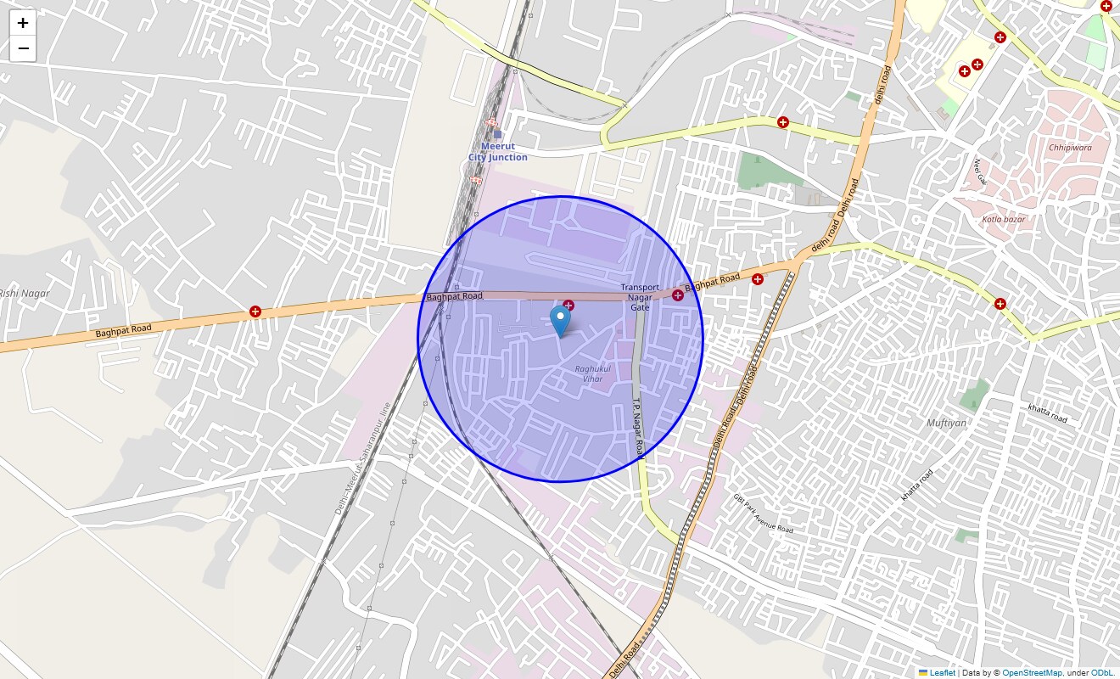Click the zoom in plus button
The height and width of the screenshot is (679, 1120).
pos(23,23)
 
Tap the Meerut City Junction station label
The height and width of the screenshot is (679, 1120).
pos(498,152)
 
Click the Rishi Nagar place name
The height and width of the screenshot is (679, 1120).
pos(25,293)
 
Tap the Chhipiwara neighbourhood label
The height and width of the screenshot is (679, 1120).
pos(1070,147)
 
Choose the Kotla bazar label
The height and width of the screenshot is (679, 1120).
pos(1004,219)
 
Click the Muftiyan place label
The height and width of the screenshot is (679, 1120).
pos(946,423)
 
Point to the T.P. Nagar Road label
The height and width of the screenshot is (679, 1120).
pos(638,430)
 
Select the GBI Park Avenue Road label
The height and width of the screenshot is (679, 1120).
pos(763,513)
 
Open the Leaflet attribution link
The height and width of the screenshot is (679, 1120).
pos(942,672)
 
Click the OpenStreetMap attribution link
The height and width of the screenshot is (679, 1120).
pos(1031,672)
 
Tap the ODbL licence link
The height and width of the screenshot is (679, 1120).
pos(1102,672)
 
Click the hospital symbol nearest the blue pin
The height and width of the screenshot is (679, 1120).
pos(568,306)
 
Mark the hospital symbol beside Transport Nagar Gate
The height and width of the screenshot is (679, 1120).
pos(677,295)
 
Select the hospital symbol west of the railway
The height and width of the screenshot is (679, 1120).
pos(255,311)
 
